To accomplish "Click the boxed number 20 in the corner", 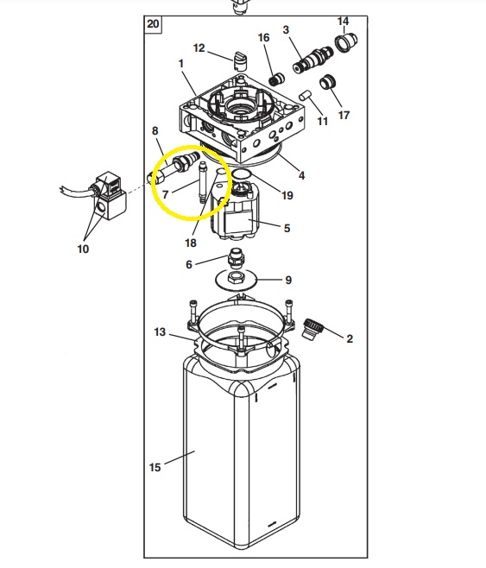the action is click(x=153, y=24).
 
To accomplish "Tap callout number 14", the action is click(x=343, y=21).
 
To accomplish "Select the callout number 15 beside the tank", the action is click(x=155, y=467).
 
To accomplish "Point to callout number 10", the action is click(x=83, y=249).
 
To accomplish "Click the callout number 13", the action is click(x=160, y=331).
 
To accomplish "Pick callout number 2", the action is click(x=350, y=338).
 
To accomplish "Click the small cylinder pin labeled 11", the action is click(x=306, y=95).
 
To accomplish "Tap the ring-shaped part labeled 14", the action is click(x=345, y=43).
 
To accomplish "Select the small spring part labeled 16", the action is click(x=276, y=79).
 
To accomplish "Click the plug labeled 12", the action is click(x=239, y=61).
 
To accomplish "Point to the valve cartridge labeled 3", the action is click(x=312, y=60).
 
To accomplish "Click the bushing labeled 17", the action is click(x=328, y=82).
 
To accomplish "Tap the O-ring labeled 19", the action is click(x=242, y=175).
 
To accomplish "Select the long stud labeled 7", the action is click(x=202, y=183).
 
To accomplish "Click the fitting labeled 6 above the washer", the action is click(x=235, y=256).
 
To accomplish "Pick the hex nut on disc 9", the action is click(x=235, y=279).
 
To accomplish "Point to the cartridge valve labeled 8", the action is click(x=175, y=168).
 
